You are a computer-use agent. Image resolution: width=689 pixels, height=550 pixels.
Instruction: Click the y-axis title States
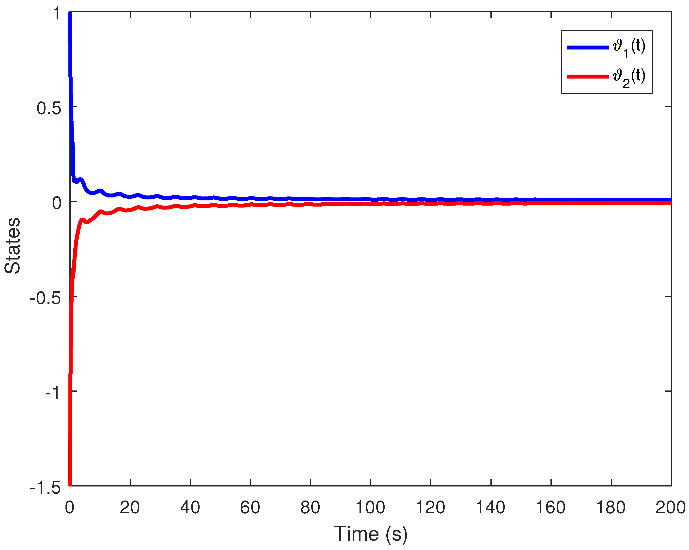click(13, 246)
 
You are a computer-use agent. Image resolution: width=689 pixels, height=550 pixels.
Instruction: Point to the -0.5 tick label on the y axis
click(45, 298)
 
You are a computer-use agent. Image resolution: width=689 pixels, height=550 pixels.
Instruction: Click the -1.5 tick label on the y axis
click(45, 488)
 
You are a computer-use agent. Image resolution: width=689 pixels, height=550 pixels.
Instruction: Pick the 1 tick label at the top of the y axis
click(57, 14)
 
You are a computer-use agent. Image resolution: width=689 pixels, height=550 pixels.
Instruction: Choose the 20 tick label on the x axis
click(130, 507)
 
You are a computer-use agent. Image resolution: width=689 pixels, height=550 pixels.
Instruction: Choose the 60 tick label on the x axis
click(250, 507)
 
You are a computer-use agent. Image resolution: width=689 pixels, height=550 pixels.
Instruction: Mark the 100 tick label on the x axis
click(370, 507)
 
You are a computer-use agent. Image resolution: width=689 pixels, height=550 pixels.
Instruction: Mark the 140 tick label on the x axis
click(491, 507)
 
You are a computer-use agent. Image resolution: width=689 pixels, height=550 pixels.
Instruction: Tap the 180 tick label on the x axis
click(611, 507)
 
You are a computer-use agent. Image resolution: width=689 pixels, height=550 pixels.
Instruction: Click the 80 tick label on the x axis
click(310, 507)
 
